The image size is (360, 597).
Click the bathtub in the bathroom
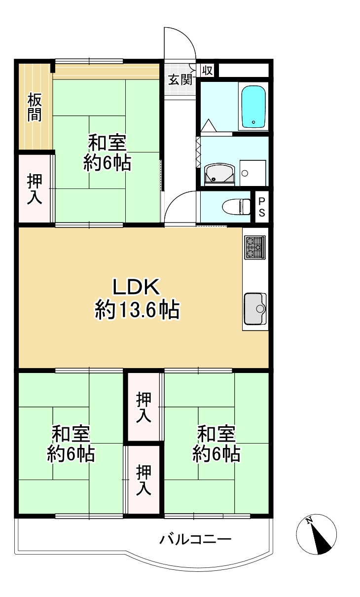254,106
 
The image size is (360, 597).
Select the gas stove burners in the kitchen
254,247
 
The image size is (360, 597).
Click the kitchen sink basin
254,308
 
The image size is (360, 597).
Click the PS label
261,207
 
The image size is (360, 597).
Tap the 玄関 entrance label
180,79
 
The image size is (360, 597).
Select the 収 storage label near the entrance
207,71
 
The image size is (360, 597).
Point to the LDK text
136,287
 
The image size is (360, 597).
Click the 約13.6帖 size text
137,310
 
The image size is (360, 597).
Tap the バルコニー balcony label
195,539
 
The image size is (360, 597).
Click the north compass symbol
316,534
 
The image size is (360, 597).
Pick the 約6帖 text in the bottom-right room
216,453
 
